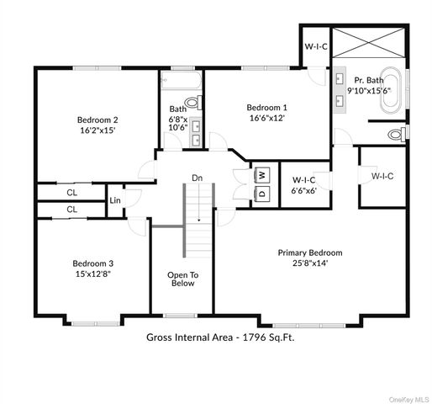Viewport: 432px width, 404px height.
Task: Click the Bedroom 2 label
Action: click(97, 120)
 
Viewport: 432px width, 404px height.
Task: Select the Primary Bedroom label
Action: click(310, 252)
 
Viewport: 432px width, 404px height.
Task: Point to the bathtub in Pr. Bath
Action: click(391, 92)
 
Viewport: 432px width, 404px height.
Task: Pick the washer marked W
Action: click(261, 174)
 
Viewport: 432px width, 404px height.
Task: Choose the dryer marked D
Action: click(261, 194)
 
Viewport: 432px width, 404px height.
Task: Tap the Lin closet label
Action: click(114, 200)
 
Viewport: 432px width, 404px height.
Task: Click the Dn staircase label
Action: click(197, 178)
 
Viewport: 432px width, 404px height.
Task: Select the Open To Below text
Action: click(182, 279)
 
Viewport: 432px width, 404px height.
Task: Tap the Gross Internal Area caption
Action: click(220, 337)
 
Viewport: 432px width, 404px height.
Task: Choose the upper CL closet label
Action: click(71, 193)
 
